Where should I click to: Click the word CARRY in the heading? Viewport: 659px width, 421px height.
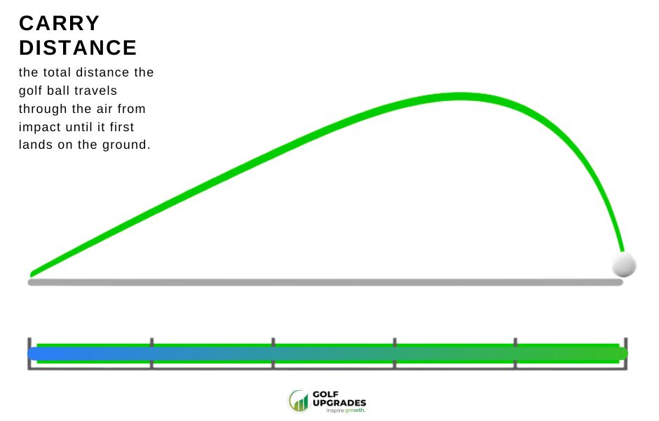[60, 23]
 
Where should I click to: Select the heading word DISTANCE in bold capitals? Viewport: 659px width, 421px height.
[78, 48]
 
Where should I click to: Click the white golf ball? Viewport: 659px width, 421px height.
[624, 265]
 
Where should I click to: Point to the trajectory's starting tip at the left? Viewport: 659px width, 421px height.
[32, 274]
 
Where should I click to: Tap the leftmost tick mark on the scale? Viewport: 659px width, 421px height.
[29, 354]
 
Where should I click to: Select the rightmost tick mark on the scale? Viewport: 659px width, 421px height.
[626, 354]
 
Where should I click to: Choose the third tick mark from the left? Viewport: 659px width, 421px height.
[273, 354]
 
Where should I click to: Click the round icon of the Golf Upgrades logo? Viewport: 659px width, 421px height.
[298, 401]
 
